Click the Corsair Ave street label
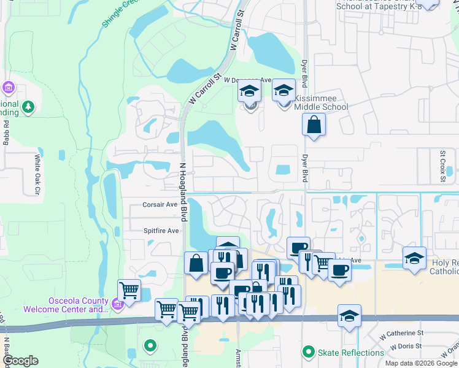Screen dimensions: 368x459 point(160,205)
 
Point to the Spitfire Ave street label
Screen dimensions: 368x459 point(161,231)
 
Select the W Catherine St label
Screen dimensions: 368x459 point(401,333)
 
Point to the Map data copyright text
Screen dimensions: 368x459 point(421,363)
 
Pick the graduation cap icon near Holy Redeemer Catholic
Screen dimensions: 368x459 point(414,258)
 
